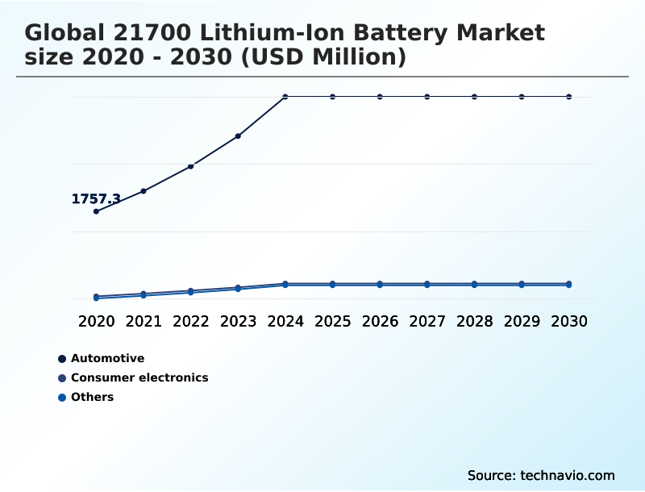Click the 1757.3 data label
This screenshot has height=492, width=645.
pos(96,198)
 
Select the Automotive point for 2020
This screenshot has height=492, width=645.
pos(96,211)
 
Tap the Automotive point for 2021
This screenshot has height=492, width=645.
pos(144,191)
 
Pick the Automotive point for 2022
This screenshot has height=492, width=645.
pos(191,166)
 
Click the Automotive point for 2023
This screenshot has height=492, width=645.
pos(238,136)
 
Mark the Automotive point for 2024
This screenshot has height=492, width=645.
pos(285,97)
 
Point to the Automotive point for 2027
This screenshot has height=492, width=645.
pos(427,97)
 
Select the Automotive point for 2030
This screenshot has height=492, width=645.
pos(569,97)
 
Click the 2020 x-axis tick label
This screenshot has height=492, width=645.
pos(96,321)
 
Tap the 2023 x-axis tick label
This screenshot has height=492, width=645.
pos(238,321)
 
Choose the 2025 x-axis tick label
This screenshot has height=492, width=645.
pos(332,321)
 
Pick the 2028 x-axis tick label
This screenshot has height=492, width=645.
pos(474,321)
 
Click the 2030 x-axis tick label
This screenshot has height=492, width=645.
pos(569,321)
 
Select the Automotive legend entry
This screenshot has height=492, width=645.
pos(107,358)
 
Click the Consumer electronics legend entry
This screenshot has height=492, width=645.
pos(139,377)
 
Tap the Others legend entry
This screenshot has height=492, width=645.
pos(92,397)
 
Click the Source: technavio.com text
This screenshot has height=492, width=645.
pos(541,475)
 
